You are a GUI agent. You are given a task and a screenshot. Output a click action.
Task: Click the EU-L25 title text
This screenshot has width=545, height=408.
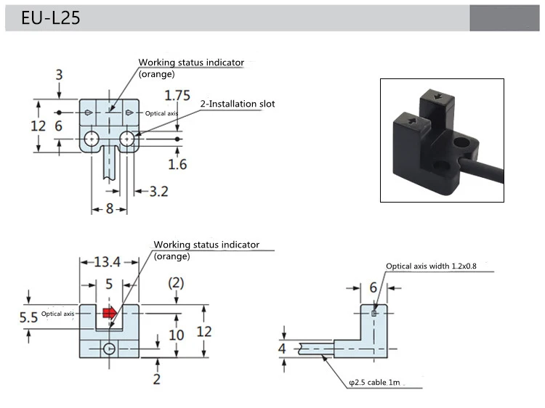[x=50, y=18]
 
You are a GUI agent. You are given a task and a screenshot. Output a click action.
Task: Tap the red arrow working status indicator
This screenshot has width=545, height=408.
[x=109, y=313]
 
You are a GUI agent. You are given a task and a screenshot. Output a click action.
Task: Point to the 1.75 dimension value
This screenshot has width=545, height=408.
[x=178, y=96]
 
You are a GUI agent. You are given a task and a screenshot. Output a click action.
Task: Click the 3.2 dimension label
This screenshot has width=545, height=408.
[x=158, y=192]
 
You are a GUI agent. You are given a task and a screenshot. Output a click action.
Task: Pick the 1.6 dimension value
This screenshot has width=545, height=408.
[x=177, y=164]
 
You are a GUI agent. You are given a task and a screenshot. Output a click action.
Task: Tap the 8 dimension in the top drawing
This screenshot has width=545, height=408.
[x=109, y=209]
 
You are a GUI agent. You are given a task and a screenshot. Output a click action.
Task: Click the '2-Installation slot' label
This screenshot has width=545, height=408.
[x=238, y=104]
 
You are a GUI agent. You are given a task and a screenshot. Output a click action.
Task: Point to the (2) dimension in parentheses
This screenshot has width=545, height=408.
[x=177, y=281]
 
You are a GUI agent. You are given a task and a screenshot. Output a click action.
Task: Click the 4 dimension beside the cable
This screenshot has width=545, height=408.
[x=283, y=348]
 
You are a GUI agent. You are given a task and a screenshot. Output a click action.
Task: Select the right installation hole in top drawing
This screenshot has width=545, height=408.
[x=128, y=138]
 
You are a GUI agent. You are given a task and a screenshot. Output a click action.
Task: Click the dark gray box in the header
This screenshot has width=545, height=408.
[x=504, y=18]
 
